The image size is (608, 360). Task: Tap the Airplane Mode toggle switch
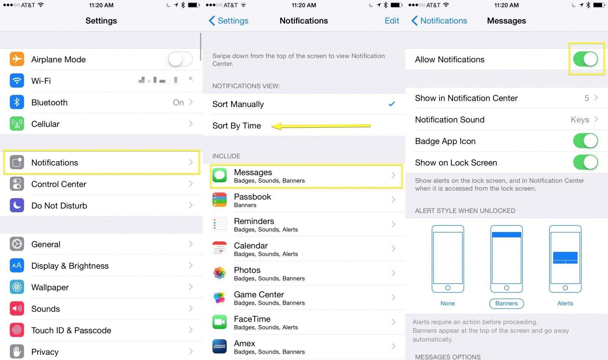click(180, 59)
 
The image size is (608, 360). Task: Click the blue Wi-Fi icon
click(17, 81)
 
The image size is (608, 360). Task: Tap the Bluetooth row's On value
click(178, 102)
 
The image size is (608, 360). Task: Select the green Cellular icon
click(17, 124)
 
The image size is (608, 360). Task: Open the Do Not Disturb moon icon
click(17, 205)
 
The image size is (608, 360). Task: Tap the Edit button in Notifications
click(392, 21)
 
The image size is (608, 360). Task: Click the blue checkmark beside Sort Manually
click(391, 104)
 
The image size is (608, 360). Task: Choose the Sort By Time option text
click(236, 126)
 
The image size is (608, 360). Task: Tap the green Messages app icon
click(220, 175)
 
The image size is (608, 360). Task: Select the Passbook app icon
click(220, 200)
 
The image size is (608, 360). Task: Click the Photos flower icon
click(220, 273)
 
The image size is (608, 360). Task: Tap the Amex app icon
click(220, 346)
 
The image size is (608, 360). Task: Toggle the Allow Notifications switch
click(586, 59)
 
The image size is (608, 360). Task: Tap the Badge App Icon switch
click(586, 141)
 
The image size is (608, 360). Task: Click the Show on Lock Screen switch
click(586, 162)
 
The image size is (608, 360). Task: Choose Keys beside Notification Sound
click(580, 120)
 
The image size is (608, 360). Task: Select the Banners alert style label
click(507, 303)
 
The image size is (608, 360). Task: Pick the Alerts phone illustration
click(565, 259)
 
